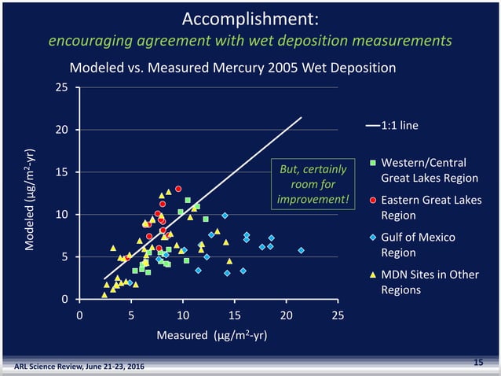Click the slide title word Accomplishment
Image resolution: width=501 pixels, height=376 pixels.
coord(250,18)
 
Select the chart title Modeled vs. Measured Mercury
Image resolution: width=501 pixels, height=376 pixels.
coord(232,68)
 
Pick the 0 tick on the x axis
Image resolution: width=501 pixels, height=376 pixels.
coord(79,315)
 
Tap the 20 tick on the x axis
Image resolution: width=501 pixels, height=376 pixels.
coord(285,315)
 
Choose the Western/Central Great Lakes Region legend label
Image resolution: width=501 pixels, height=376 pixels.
coord(429,170)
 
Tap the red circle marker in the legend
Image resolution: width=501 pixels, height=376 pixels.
coord(373,200)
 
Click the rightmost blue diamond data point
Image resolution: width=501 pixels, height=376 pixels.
coord(301,250)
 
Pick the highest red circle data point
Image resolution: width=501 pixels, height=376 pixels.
coord(178,189)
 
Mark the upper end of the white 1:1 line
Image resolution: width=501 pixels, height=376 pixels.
coord(301,118)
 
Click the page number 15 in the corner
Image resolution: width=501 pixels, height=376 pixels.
coord(477,361)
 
